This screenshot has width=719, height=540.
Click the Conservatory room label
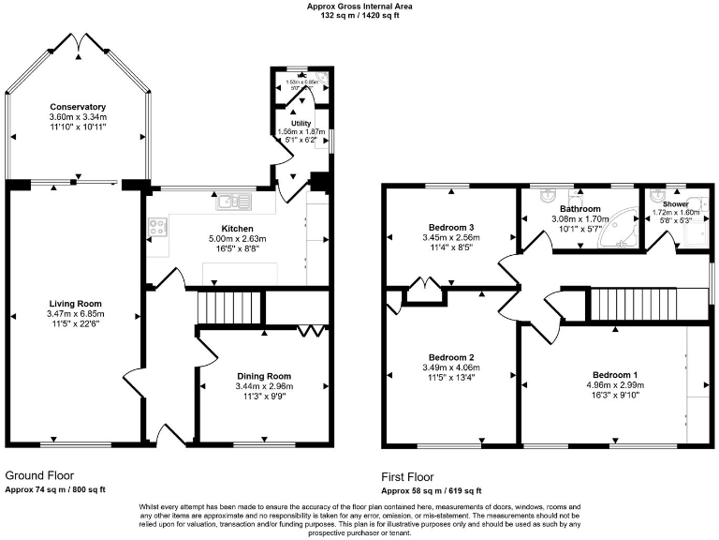pos(78,107)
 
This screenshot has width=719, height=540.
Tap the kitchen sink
pos(229,202)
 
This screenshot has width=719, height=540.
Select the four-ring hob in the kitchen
pos(156,226)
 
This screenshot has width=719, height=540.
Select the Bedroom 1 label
pos(612,356)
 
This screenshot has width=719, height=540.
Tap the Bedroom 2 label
pos(451,357)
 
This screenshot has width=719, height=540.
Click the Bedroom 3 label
pos(451,228)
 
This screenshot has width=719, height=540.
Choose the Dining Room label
pos(264,375)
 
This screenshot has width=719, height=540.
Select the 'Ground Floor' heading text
pos(40,475)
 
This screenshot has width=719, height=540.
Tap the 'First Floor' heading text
pos(407,476)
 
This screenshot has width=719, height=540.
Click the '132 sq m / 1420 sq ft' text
pos(359,16)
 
